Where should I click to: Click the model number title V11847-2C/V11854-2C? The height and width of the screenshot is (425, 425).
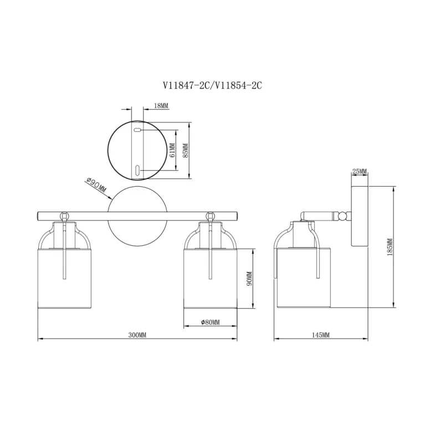tap(212, 85)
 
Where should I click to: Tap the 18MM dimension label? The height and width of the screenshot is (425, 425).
tap(161, 106)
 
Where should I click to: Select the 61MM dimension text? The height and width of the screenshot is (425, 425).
tap(172, 150)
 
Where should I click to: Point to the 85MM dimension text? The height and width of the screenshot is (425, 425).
tap(186, 150)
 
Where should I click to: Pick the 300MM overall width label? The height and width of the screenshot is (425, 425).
tap(137, 335)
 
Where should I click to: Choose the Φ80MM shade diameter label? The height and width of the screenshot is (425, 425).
tap(211, 322)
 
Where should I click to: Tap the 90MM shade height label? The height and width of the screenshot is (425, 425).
tap(249, 279)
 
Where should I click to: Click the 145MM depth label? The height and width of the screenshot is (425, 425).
tap(321, 335)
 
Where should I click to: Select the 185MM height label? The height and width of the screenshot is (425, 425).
tap(390, 247)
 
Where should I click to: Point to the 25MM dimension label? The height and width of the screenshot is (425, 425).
tap(360, 171)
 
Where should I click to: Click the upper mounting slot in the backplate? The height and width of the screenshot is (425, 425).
tap(137, 130)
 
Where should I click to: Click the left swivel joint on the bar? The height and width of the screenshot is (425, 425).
tap(64, 216)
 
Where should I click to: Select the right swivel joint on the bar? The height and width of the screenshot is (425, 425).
tap(210, 216)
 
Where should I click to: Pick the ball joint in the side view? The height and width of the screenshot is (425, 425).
tap(343, 217)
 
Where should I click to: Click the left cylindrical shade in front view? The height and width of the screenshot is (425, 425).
tap(64, 279)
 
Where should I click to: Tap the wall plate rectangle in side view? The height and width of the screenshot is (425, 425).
tap(360, 216)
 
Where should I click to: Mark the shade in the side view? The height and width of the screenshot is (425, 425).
tap(304, 278)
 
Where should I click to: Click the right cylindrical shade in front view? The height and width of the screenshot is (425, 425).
tap(211, 279)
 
